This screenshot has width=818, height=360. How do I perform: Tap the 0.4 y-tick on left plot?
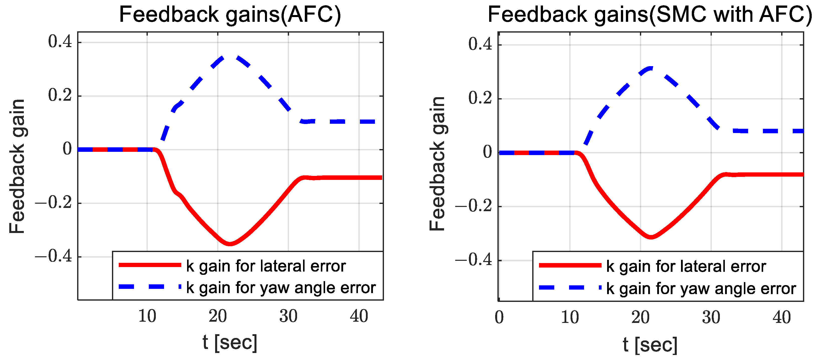pyautogui.click(x=60, y=42)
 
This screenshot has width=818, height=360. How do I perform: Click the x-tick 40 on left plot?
pyautogui.click(x=359, y=316)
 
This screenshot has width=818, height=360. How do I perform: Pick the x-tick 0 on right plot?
pyautogui.click(x=499, y=317)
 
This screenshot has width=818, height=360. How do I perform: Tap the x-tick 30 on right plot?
pyautogui.click(x=711, y=317)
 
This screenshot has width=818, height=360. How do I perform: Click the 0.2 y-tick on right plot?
pyautogui.click(x=480, y=98)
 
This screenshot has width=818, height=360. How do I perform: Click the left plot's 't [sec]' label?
pyautogui.click(x=230, y=342)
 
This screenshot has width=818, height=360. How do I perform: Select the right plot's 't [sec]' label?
pyautogui.click(x=650, y=344)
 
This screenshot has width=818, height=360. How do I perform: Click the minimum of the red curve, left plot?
pyautogui.click(x=230, y=244)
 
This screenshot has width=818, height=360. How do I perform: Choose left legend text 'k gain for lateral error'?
pyautogui.click(x=266, y=266)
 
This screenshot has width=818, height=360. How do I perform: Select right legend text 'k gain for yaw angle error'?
pyautogui.click(x=701, y=289)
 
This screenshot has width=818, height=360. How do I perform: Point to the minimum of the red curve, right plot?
pyautogui.click(x=651, y=237)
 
